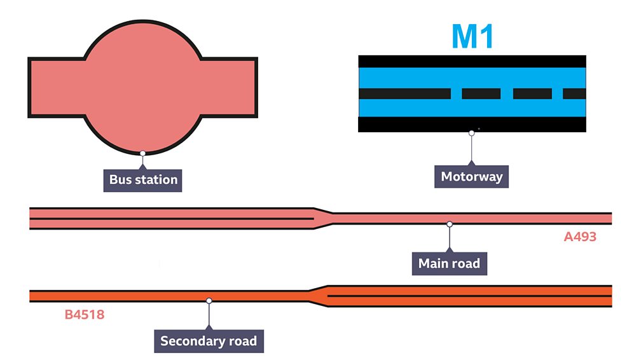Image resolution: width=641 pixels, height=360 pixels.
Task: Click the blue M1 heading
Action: pos(472,37)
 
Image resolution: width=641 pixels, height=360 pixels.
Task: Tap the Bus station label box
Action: pos(143,180)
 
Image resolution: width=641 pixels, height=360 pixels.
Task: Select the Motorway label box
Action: pos(471,177)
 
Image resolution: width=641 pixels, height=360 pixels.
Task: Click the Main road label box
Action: pos(449,263)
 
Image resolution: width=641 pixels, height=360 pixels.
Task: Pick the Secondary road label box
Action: pos(209,341)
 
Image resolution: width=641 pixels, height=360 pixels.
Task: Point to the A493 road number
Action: pos(580,237)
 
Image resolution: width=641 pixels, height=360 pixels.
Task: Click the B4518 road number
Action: pos(85,314)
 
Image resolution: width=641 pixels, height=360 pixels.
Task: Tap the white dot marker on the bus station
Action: pos(143,153)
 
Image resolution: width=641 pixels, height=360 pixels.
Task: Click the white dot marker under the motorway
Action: pos(471,133)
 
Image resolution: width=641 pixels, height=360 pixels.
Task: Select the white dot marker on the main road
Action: pos(450,224)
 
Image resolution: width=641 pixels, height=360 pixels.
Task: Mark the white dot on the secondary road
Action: pos(209,300)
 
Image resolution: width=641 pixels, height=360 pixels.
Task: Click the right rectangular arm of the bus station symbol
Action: pos(229,88)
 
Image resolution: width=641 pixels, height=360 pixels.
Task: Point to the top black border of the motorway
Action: pos(472,61)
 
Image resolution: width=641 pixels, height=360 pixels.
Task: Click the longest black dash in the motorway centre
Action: pos(404,93)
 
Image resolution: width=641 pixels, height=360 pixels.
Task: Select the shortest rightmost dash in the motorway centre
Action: pos(574,93)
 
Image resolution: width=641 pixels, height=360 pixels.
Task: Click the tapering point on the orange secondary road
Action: pos(318,296)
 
